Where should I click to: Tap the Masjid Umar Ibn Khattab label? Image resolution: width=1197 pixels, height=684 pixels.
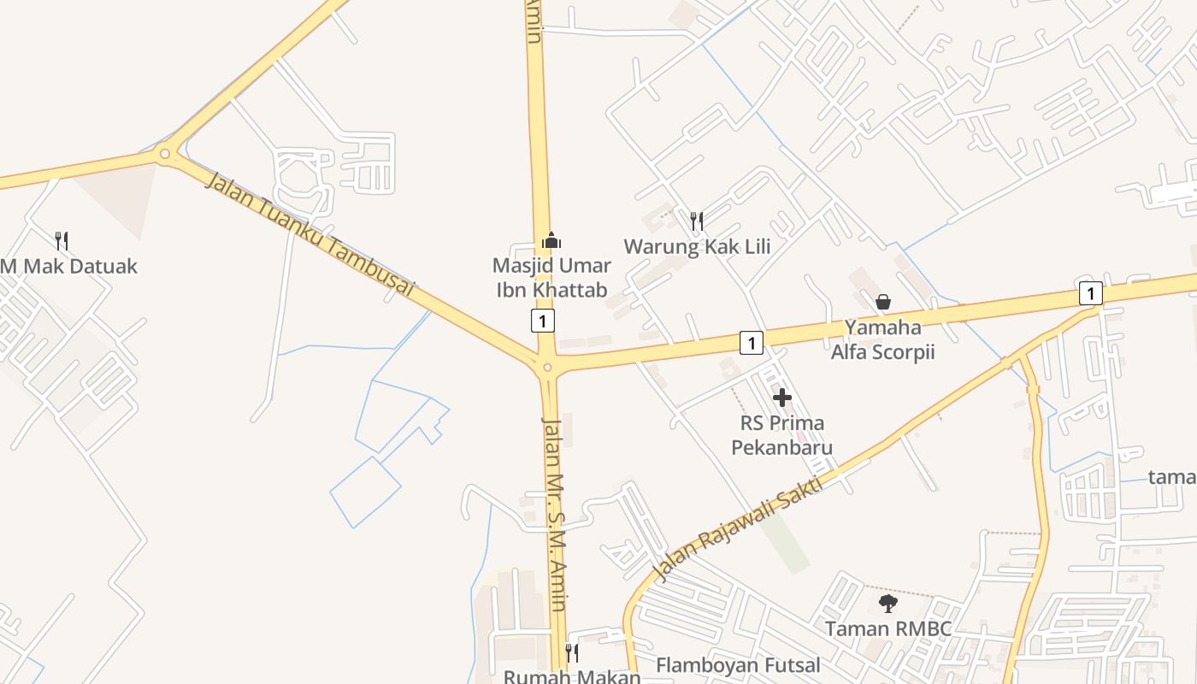click(551, 278)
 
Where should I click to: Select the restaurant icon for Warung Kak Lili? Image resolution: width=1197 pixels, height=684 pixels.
click(697, 221)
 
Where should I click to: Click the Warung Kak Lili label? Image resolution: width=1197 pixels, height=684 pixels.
click(697, 247)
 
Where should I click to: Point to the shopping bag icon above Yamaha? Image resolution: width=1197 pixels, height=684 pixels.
click(883, 302)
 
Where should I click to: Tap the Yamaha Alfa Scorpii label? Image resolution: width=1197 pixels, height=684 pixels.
click(883, 339)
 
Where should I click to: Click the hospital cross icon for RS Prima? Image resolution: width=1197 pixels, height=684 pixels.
click(782, 398)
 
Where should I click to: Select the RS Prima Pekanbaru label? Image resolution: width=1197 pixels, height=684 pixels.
click(782, 435)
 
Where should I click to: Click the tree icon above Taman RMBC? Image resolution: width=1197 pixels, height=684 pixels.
click(888, 604)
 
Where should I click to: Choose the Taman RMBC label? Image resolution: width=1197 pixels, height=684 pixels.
click(888, 629)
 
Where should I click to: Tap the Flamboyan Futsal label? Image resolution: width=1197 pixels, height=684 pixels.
click(738, 665)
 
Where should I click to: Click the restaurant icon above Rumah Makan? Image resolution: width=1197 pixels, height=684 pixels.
click(572, 653)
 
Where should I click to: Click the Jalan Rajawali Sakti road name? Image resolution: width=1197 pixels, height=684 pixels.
click(737, 528)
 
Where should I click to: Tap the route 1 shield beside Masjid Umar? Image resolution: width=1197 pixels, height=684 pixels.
click(542, 321)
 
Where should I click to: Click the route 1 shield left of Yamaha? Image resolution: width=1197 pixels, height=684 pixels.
click(751, 343)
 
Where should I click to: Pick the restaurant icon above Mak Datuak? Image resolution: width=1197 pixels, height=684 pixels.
click(61, 240)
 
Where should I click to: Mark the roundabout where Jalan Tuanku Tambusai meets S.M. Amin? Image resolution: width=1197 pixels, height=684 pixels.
click(547, 369)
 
